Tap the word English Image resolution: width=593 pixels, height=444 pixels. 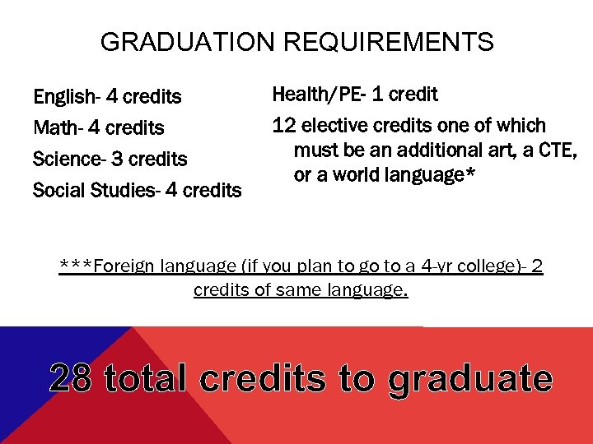click(63, 97)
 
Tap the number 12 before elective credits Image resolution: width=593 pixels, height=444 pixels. click(284, 126)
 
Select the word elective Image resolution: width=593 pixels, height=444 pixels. click(337, 126)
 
